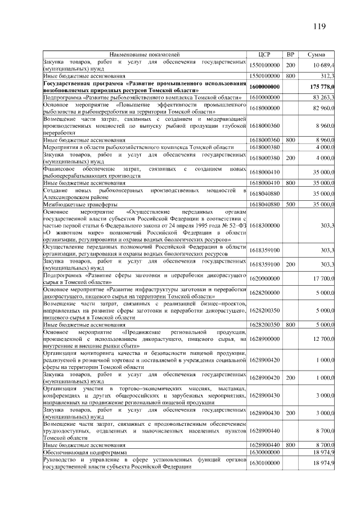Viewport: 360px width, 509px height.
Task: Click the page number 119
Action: tap(319, 26)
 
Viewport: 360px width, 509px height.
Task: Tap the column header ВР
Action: tap(290, 55)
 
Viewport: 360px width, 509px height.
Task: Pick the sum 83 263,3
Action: tap(324, 97)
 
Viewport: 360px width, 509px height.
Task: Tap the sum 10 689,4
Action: tap(324, 65)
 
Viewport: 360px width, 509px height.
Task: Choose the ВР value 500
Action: tap(290, 204)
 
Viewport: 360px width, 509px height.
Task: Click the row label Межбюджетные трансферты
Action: tap(81, 204)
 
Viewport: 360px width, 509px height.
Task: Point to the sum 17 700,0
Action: tap(324, 278)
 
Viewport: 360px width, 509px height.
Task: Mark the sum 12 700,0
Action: tap(324, 338)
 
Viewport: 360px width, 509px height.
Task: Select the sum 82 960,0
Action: tap(324, 107)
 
